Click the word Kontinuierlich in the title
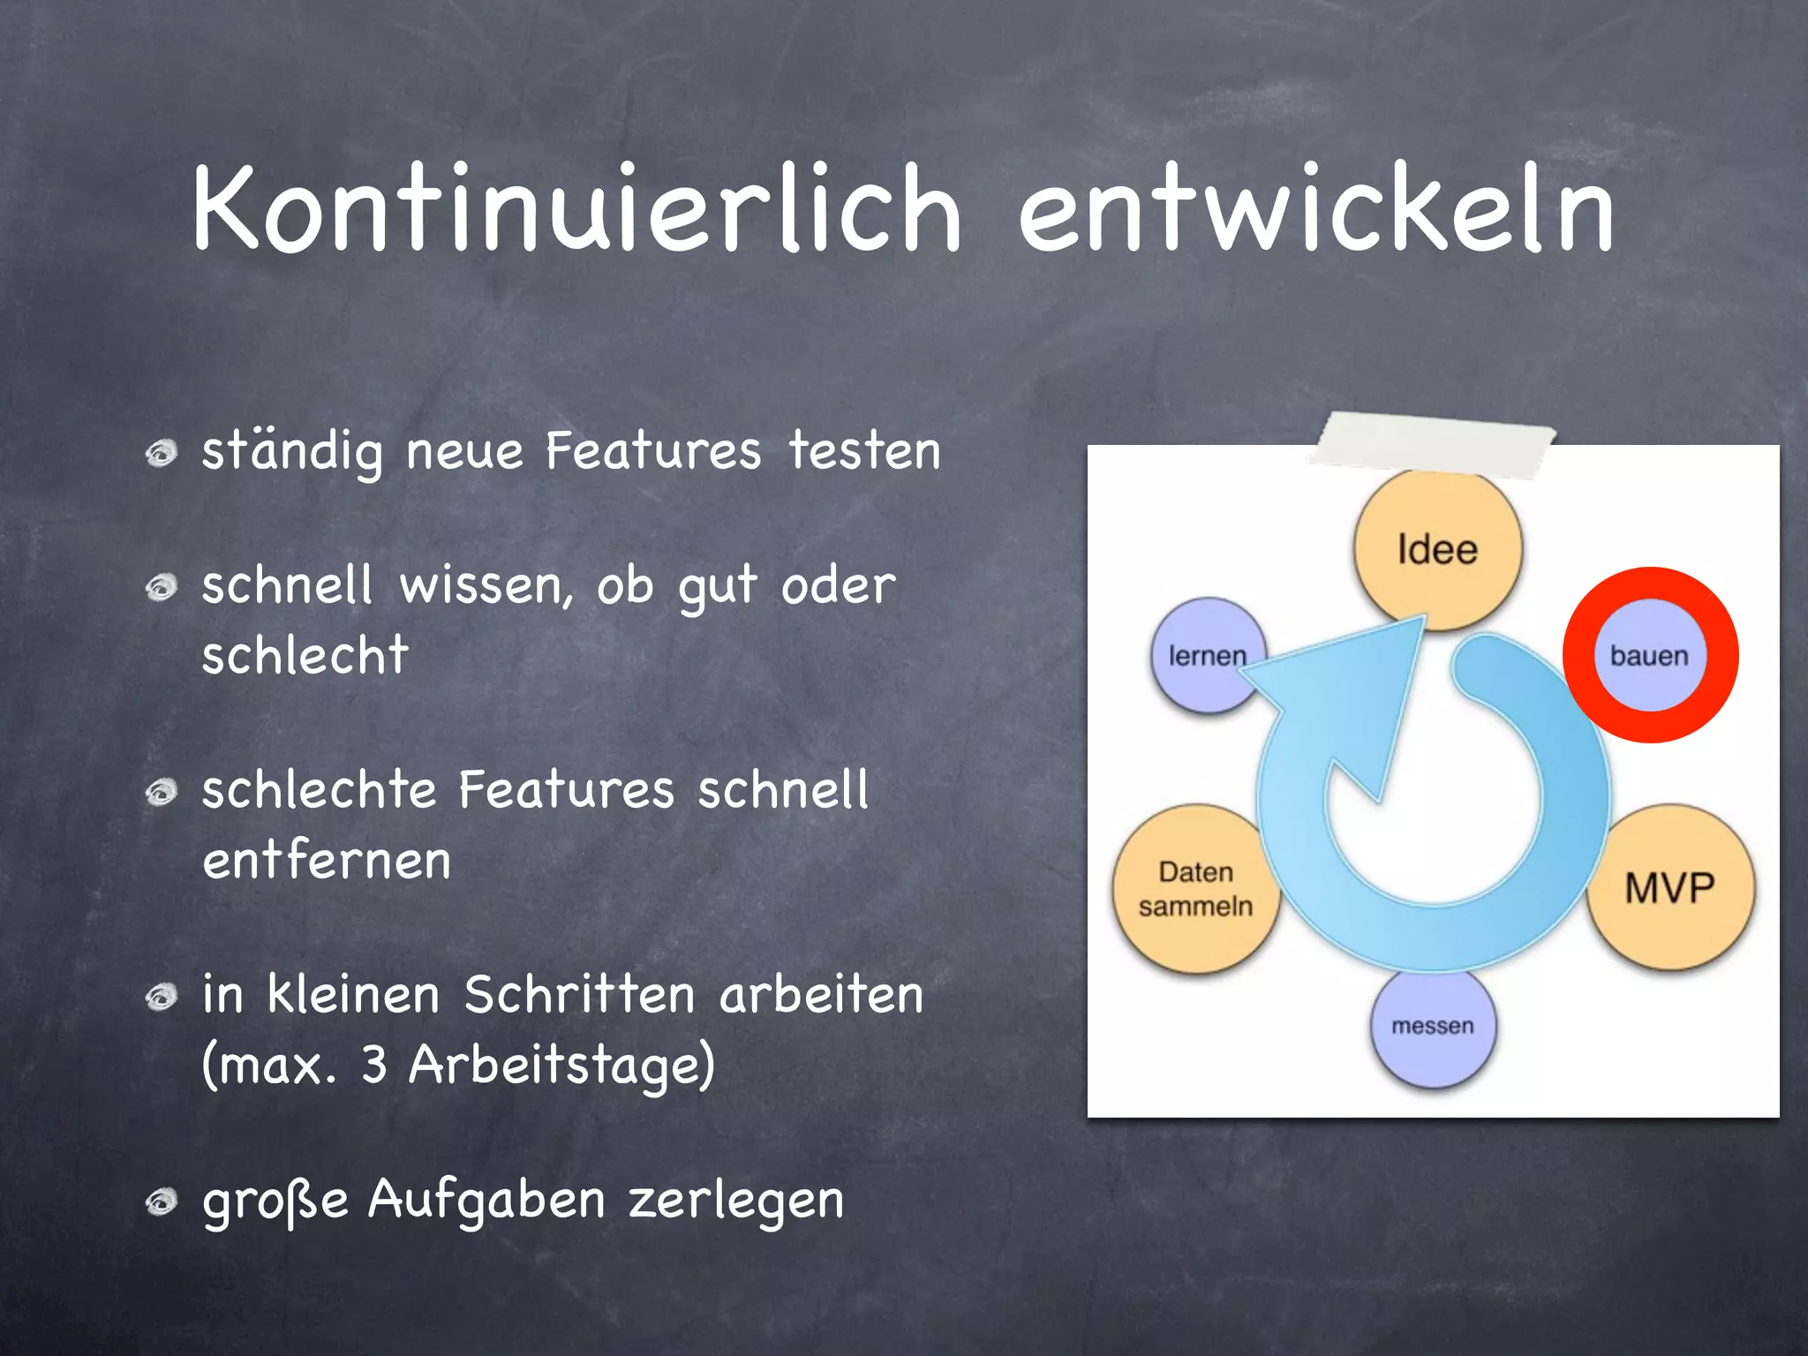[x=576, y=210]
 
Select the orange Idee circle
[x=1437, y=549]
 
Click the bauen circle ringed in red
[x=1649, y=655]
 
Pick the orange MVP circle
[x=1670, y=887]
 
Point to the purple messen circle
[x=1433, y=1028]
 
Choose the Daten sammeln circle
[x=1194, y=888]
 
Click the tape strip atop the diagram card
[x=1433, y=439]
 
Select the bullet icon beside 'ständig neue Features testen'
[x=162, y=454]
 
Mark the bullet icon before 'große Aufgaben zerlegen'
[x=162, y=1202]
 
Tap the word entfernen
[x=327, y=861]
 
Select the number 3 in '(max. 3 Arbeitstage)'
[x=374, y=1065]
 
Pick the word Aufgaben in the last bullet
[x=486, y=1202]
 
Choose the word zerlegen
[x=735, y=1202]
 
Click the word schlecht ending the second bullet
[x=305, y=655]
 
